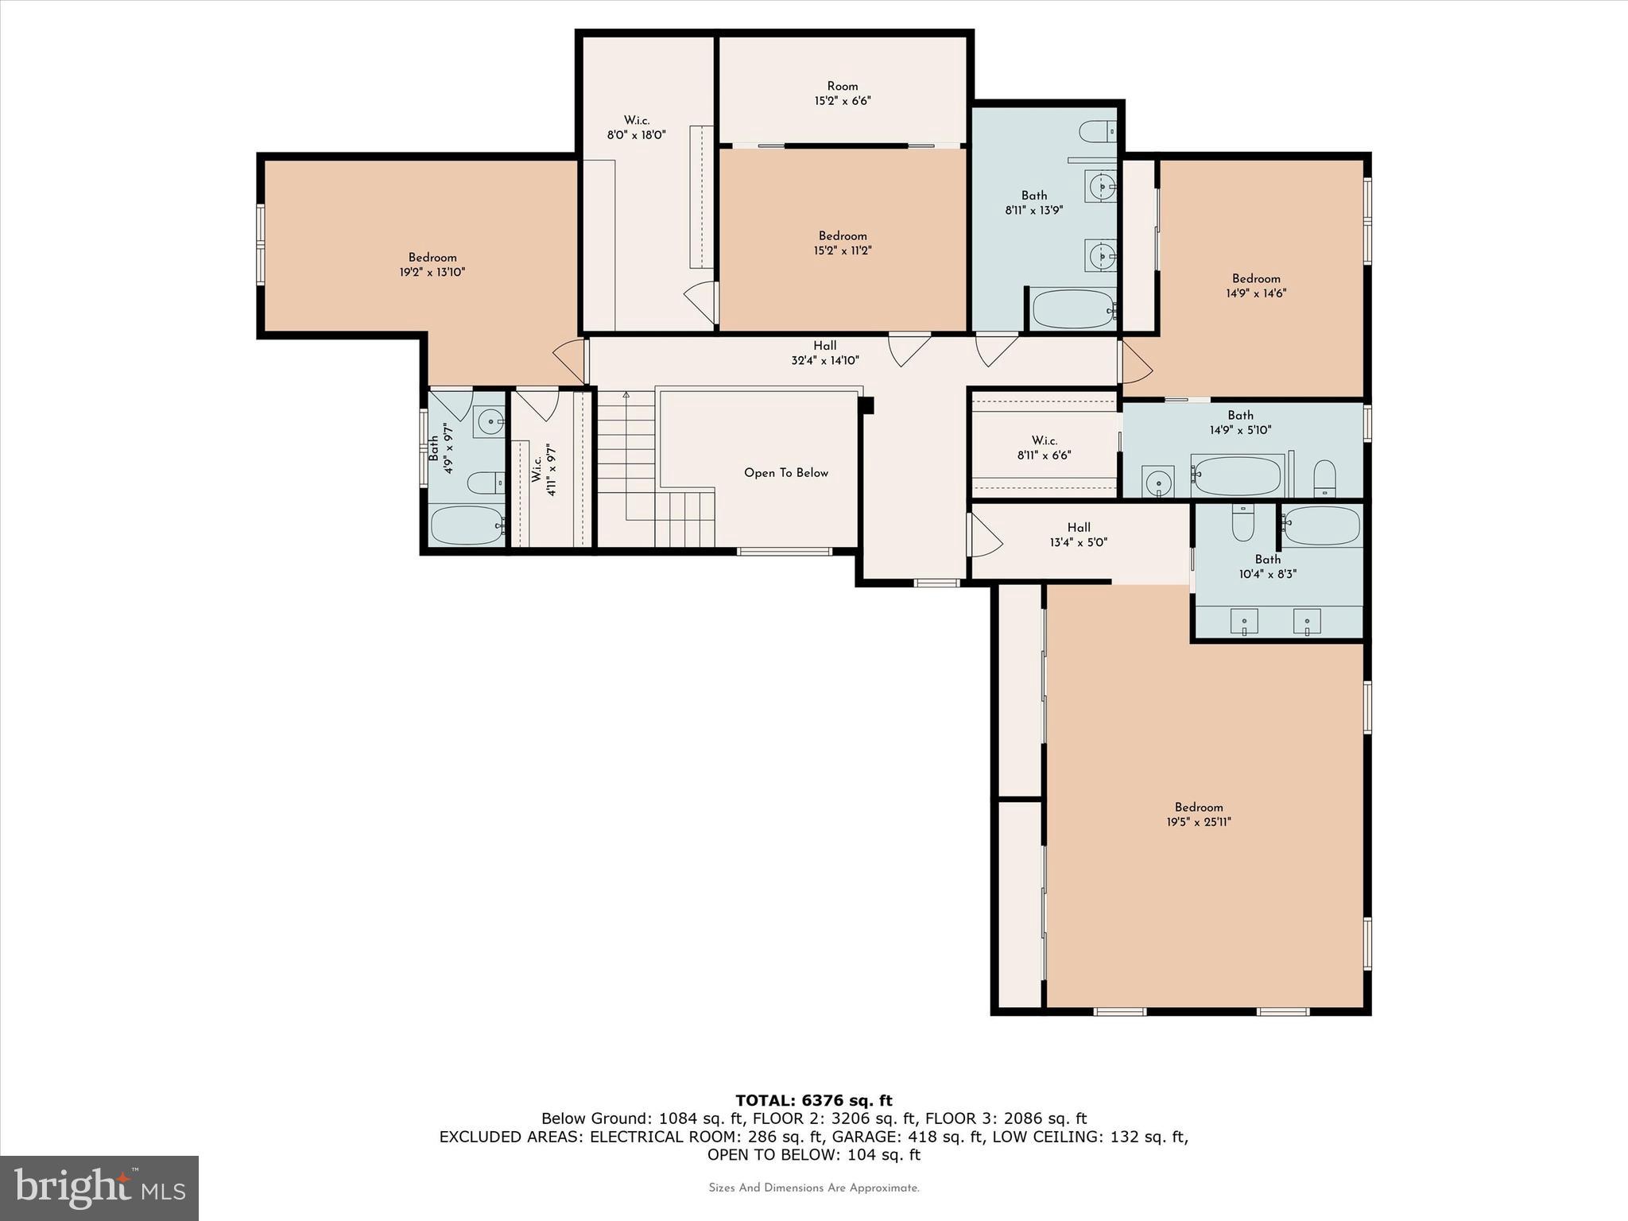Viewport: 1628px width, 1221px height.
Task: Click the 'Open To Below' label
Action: point(786,473)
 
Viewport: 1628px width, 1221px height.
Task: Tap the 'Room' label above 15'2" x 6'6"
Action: point(843,87)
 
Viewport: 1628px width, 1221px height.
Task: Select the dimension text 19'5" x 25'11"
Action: point(1199,822)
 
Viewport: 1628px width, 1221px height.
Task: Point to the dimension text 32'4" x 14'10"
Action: point(825,360)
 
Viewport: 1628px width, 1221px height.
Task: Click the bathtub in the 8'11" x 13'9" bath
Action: point(1073,309)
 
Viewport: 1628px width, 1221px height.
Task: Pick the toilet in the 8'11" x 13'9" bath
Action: point(1099,131)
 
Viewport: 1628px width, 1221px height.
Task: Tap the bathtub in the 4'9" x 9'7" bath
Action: point(467,525)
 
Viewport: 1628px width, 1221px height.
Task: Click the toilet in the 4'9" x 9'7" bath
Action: point(486,483)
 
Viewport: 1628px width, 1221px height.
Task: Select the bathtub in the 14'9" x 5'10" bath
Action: point(1237,475)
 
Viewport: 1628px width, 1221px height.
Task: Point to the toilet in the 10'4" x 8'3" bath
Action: point(1242,521)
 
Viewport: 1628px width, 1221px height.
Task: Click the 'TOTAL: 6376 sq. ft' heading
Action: point(814,1100)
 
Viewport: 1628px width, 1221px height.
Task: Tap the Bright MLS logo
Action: point(99,1188)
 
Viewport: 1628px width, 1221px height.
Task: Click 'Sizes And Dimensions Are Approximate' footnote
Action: point(814,1188)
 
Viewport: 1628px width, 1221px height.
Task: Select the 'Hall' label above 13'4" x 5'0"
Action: point(1079,527)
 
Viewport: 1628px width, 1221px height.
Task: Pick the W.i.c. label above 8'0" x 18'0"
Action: point(636,121)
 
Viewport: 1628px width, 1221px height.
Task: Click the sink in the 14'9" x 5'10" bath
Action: point(1158,482)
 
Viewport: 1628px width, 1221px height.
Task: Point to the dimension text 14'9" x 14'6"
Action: point(1256,293)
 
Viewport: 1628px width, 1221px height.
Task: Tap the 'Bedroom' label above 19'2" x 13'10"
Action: point(432,258)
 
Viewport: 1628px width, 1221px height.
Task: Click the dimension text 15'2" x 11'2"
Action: point(843,250)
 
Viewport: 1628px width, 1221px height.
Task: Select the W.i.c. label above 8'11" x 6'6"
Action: point(1045,440)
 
